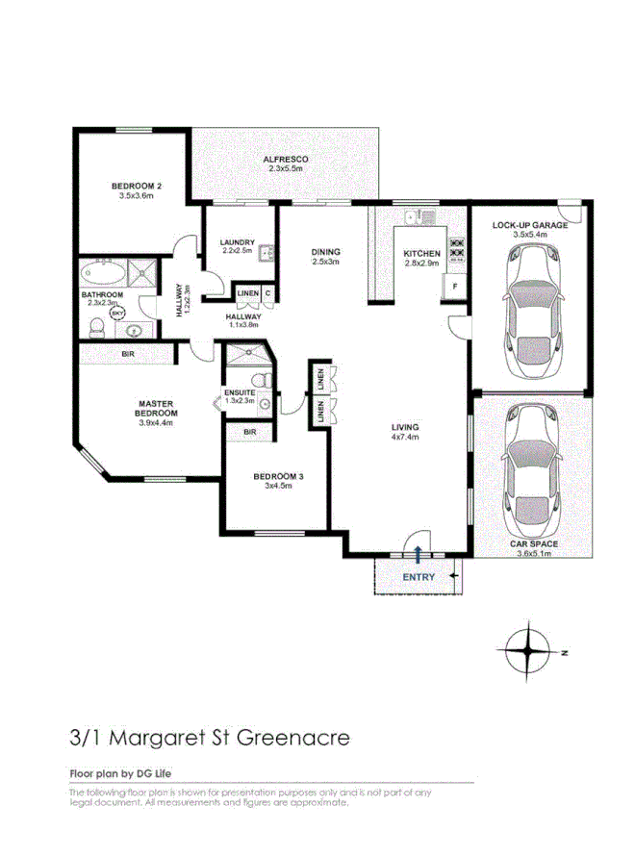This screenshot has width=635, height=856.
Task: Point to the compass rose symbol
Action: pyautogui.click(x=528, y=651)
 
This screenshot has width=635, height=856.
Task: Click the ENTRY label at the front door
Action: pyautogui.click(x=419, y=577)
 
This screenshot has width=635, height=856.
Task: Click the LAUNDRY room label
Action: pyautogui.click(x=237, y=241)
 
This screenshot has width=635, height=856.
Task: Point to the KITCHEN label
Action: pyautogui.click(x=421, y=254)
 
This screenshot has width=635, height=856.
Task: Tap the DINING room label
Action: pyautogui.click(x=325, y=253)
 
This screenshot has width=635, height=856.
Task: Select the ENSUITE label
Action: pyautogui.click(x=240, y=392)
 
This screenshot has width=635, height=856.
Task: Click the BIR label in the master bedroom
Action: pyautogui.click(x=127, y=355)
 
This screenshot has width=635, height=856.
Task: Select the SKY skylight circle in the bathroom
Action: pyautogui.click(x=117, y=313)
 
